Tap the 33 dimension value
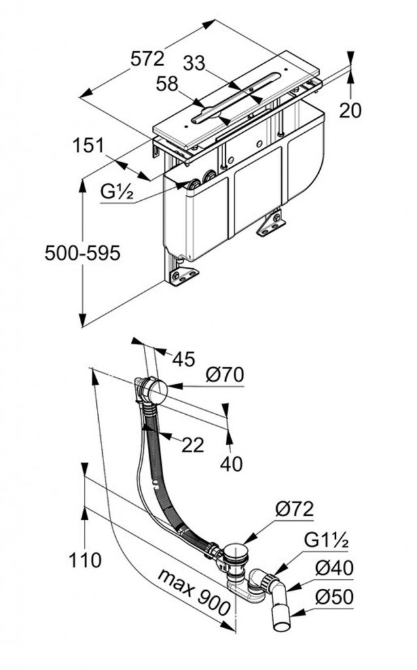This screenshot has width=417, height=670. point(194,63)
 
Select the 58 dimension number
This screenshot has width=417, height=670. point(169,84)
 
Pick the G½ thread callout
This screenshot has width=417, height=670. point(118,192)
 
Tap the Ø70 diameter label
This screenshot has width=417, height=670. point(224,375)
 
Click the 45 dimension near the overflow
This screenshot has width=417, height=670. point(184,359)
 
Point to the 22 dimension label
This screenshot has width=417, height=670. point(192,445)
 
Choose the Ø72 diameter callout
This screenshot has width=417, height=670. point(294,509)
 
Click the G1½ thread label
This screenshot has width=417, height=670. point(329,541)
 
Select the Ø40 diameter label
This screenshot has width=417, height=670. point(334,569)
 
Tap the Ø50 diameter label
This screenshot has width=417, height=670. point(334,597)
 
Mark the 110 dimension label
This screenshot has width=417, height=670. point(85,560)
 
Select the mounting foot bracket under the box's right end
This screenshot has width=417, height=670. point(271,222)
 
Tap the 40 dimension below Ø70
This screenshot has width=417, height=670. point(230,463)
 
